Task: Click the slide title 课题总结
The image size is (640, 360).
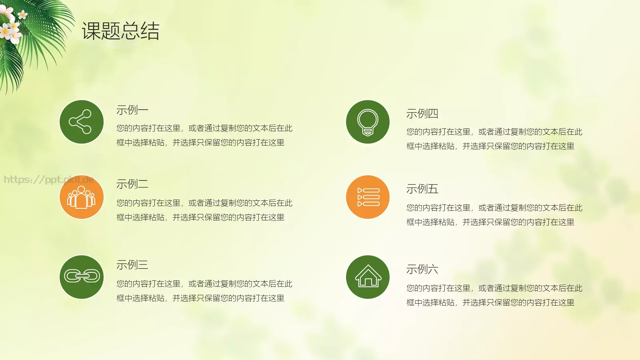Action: [120, 31]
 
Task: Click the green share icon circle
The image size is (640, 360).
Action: [82, 122]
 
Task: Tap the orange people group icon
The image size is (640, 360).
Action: [82, 197]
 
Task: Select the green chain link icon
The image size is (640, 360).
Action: [82, 277]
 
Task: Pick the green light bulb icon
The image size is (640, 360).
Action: [368, 122]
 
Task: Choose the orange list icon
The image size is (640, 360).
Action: [368, 197]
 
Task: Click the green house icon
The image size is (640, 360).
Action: [368, 277]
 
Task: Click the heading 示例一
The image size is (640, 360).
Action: [132, 110]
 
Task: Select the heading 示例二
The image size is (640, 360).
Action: [132, 184]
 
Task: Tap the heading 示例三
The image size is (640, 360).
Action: [132, 265]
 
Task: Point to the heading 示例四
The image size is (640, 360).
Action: [422, 114]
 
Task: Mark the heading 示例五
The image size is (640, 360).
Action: [422, 189]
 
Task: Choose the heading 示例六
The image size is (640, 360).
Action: [422, 269]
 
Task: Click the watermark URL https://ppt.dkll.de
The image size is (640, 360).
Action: [48, 179]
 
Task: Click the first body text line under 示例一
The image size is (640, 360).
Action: [204, 128]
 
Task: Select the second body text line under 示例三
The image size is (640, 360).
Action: [200, 298]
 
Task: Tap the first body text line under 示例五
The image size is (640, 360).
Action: [494, 208]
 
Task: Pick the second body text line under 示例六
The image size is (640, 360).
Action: [490, 302]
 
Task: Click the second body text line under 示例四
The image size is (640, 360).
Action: [490, 146]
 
